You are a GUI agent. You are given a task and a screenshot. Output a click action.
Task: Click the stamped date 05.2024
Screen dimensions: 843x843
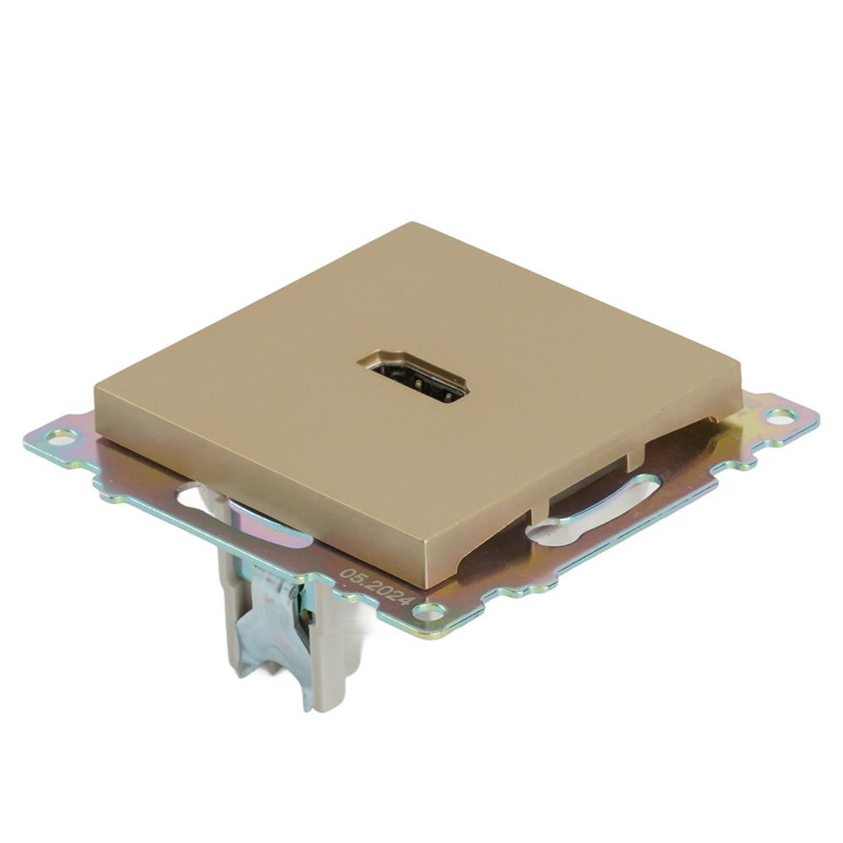(x=376, y=588)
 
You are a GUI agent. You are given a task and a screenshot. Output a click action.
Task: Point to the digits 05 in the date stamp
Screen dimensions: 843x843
(x=352, y=577)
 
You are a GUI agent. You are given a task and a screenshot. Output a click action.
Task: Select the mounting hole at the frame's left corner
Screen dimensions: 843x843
(x=61, y=437)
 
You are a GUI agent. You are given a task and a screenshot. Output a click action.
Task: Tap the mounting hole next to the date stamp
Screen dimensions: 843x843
(x=429, y=609)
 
